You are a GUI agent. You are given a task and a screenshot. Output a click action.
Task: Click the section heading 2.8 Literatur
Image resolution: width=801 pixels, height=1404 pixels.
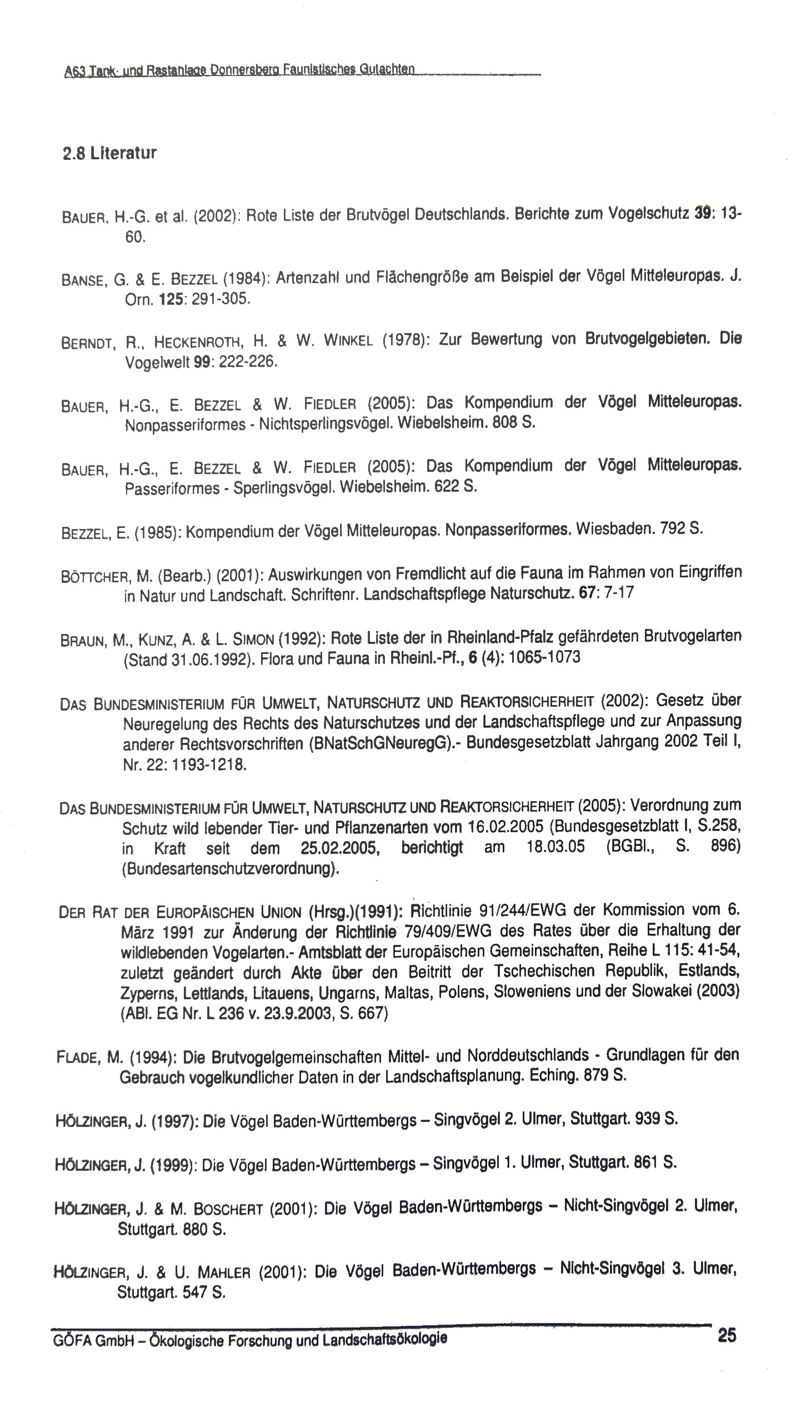click(109, 153)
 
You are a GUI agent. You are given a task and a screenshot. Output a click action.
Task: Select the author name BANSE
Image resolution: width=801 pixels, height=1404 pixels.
click(81, 280)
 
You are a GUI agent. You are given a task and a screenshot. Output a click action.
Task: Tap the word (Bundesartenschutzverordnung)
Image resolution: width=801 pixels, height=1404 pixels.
click(230, 869)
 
